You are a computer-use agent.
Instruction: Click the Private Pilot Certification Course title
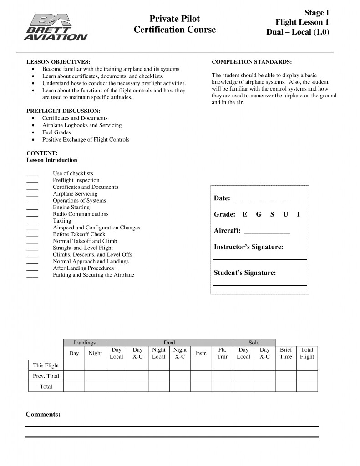coord(175,25)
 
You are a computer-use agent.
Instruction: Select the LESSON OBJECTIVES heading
coord(58,61)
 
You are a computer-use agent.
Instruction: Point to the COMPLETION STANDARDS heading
coord(252,61)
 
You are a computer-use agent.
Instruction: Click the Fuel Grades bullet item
coord(56,132)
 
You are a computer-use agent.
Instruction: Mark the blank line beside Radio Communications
coord(32,215)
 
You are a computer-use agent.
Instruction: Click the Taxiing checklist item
coord(62,221)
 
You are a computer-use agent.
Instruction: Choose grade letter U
coord(285,214)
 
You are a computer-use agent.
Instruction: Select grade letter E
coord(245,214)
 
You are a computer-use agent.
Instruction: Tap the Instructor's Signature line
coord(260,259)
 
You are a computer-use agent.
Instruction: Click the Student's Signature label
coord(245,273)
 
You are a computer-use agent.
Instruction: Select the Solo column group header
coord(254,343)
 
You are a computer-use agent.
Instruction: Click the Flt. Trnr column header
coord(223,353)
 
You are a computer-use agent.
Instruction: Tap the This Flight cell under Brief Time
coord(286,365)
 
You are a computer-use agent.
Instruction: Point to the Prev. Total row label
coord(46,376)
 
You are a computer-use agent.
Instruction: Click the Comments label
coord(43,414)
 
